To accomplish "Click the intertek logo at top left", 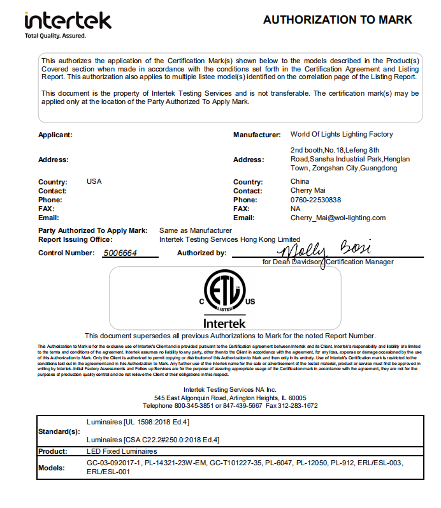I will pos(68,22).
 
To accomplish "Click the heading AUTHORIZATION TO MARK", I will pos(338,20).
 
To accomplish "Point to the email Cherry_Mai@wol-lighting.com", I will pos(338,218).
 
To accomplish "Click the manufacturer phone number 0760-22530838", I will pos(315,200).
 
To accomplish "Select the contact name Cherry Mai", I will pos(308,191).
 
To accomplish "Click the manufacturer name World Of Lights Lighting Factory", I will pos(342,135).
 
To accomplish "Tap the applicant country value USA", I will pos(94,182).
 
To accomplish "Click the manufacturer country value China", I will pos(300,182).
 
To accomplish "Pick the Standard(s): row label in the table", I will pos(58,431).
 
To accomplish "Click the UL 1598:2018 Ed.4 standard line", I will pos(138,422).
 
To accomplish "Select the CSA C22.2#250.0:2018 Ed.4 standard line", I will pos(153,440).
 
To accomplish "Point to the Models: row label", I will pos(53,467).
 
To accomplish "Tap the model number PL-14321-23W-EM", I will pos(173,463).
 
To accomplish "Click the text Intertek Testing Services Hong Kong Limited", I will pos(229,239).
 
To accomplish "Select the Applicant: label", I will pos(55,135).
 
